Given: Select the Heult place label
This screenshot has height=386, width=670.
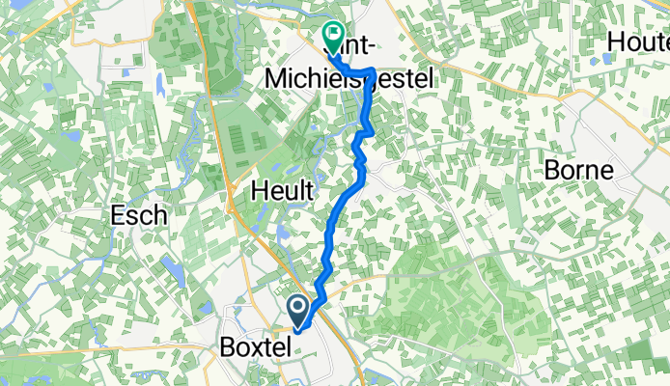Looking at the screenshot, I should (282, 191).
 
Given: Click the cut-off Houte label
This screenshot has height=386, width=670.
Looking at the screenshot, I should (639, 42).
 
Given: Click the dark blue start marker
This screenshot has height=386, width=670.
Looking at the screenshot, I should (299, 311).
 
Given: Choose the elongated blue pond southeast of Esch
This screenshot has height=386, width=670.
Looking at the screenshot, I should (173, 269).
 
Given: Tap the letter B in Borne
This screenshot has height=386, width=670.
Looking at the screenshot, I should (554, 171).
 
